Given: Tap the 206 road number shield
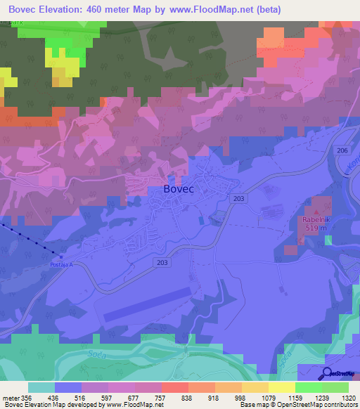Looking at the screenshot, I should pyautogui.click(x=342, y=151).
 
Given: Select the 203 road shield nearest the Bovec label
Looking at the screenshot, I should pyautogui.click(x=238, y=200).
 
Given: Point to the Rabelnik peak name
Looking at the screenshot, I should pyautogui.click(x=316, y=220).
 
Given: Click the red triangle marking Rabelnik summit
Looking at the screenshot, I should pyautogui.click(x=316, y=211).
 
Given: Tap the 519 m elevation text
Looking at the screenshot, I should pyautogui.click(x=316, y=228).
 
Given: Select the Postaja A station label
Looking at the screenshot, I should pyautogui.click(x=61, y=264).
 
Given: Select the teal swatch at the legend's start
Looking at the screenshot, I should pyautogui.click(x=41, y=387).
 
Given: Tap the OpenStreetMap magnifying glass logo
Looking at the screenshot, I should pyautogui.click(x=327, y=374).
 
